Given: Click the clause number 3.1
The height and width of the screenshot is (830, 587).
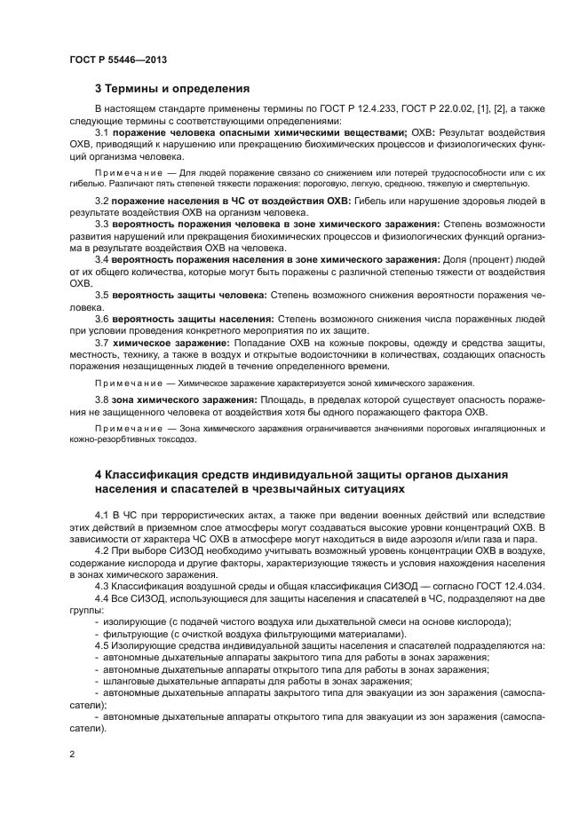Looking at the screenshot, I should point(102,131).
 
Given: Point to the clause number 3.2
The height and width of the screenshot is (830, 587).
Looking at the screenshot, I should point(102,202).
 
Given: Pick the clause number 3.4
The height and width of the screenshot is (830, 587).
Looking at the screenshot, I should point(102,259).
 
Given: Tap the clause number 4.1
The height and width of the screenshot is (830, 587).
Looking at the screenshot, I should point(102,515).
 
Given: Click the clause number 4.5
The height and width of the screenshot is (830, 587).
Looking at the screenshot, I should point(102,645).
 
